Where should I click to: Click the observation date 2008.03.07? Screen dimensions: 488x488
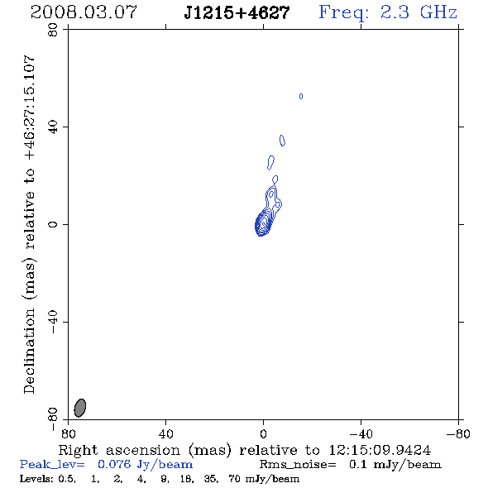pos(84,12)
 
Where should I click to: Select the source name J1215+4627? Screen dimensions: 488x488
pos(237,13)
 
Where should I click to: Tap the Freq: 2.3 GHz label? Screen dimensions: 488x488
pos(388,13)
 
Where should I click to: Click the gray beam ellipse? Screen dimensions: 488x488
pos(80,408)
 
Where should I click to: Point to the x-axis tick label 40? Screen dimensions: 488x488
pos(165,433)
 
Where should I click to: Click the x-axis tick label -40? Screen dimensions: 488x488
pos(361,433)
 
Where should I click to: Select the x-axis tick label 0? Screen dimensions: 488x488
pos(263,433)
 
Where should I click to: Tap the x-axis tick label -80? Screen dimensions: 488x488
pos(458,433)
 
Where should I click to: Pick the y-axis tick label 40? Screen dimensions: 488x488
pos(53,127)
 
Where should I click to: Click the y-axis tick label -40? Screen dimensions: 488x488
pos(53,322)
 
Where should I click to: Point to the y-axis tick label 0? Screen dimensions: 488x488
pos(53,224)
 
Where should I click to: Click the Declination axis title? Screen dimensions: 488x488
pos(29,224)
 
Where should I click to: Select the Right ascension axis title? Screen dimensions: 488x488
pos(244,450)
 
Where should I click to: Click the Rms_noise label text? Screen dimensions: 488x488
pos(298,465)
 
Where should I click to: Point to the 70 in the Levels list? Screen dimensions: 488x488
pos(234,479)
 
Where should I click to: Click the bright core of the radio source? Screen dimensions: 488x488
pos(263,223)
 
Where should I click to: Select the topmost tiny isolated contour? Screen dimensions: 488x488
pos(301,97)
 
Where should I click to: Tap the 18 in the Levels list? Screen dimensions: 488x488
pos(186,479)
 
